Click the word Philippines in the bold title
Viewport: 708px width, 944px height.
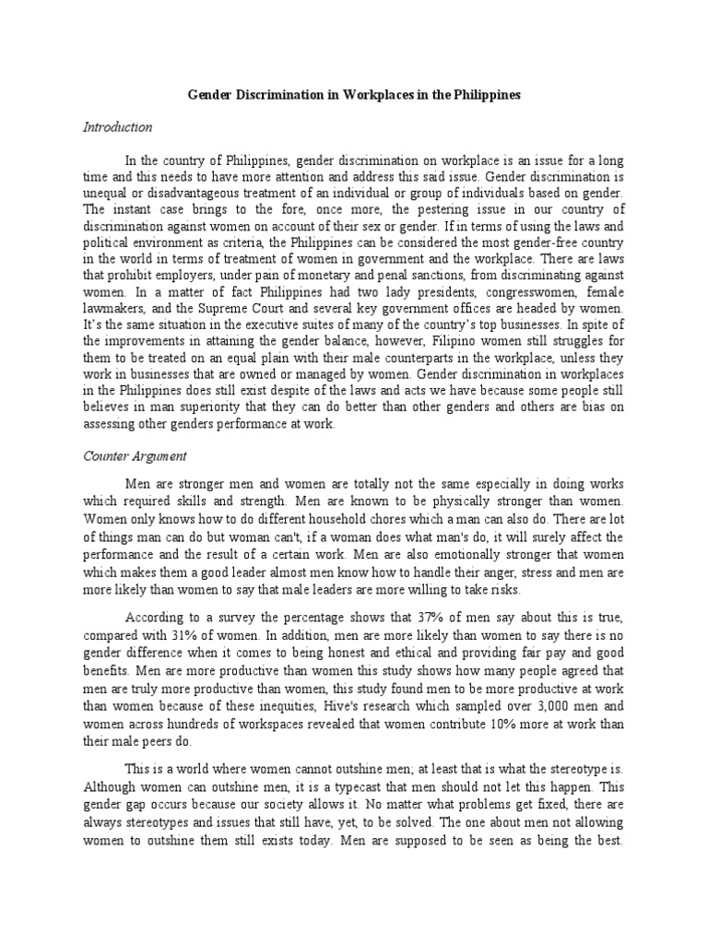point(485,95)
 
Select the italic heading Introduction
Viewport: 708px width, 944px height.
point(118,126)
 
